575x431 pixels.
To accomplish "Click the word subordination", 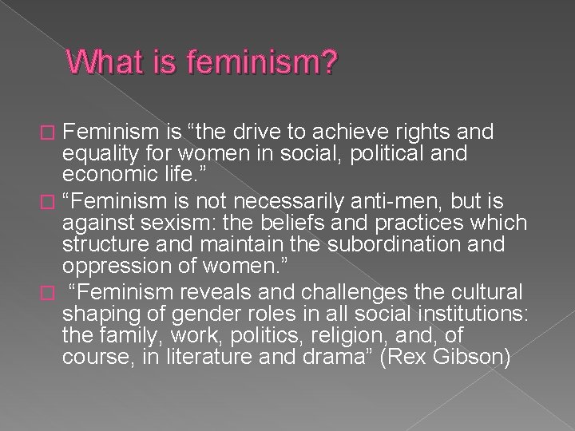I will pos(403,243).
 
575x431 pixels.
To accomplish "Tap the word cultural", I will pos(485,291).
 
